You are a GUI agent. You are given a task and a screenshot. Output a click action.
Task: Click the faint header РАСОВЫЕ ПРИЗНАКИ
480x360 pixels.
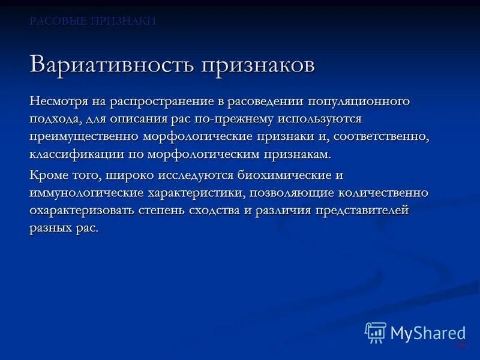[93, 21]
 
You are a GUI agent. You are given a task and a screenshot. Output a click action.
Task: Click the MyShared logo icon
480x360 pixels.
[376, 332]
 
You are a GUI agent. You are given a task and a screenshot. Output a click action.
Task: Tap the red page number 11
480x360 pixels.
[460, 344]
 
